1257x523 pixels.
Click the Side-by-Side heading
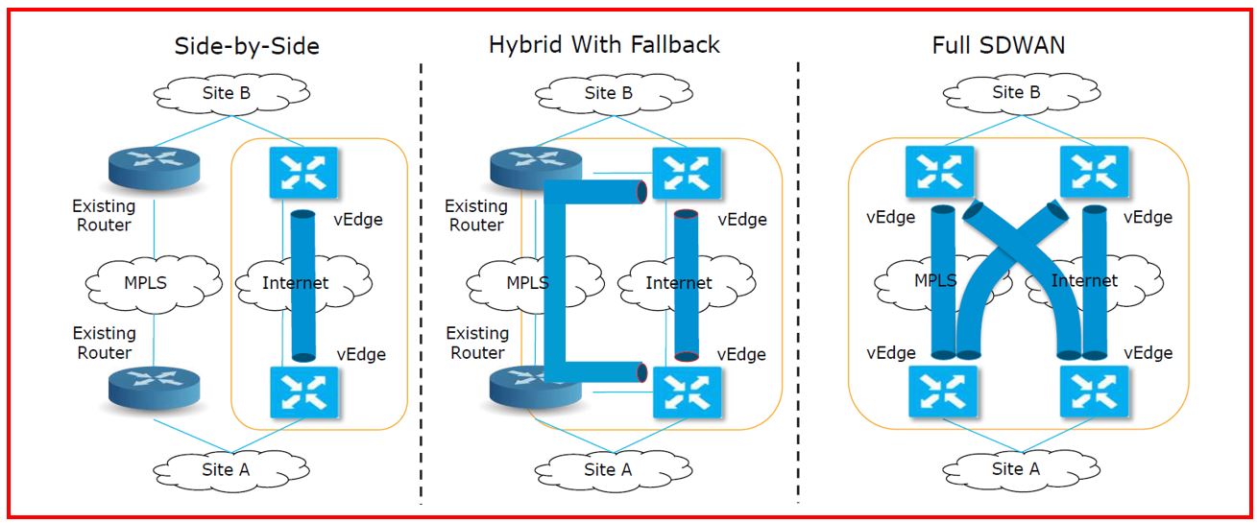(246, 45)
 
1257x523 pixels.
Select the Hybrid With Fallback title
(604, 44)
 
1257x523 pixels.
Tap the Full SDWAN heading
(998, 45)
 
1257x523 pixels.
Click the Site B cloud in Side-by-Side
(228, 93)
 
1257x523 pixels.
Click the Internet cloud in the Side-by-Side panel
(296, 282)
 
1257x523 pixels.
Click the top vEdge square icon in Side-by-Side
(302, 173)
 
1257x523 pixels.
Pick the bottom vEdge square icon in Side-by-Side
(302, 392)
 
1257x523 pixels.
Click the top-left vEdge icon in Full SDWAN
(939, 173)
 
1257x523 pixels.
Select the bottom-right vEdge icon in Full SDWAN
(1094, 392)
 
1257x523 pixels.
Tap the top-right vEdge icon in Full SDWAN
(1094, 173)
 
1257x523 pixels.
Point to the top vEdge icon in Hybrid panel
(687, 173)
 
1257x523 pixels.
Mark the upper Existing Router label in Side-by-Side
(104, 216)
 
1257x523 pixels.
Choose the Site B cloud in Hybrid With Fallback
(609, 93)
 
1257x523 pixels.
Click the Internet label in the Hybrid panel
(678, 283)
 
